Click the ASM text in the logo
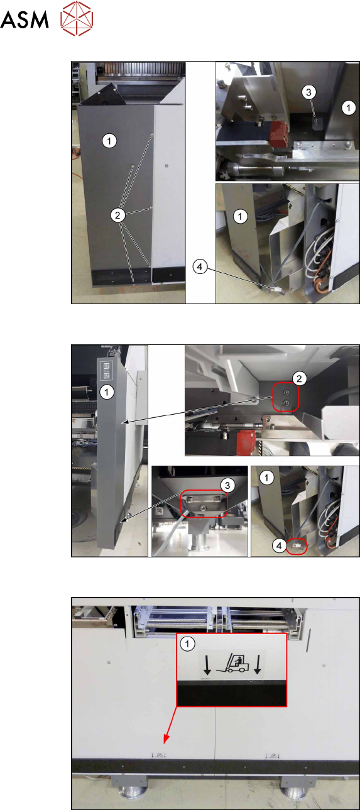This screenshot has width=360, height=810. click(25, 19)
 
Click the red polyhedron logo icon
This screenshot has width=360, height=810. click(77, 18)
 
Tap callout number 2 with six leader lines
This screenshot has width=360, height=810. click(117, 215)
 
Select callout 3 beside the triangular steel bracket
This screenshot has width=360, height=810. click(308, 92)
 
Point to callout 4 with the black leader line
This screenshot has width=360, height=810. click(200, 267)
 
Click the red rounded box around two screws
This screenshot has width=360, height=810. click(285, 398)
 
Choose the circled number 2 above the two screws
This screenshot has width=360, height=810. click(299, 379)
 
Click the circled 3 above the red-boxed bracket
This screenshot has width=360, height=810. click(227, 485)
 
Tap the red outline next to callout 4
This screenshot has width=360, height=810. click(297, 546)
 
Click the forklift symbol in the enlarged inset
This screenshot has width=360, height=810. click(232, 664)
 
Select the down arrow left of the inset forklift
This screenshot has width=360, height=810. click(207, 665)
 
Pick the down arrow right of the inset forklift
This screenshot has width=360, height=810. click(258, 665)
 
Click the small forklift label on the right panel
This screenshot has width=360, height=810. click(272, 755)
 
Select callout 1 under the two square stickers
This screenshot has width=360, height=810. click(107, 392)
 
